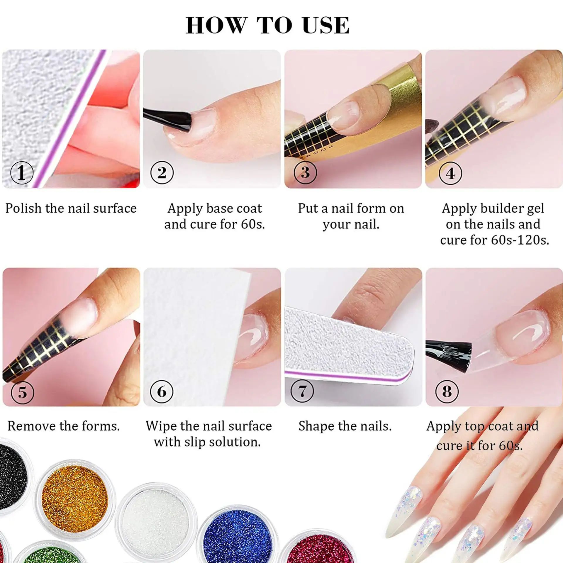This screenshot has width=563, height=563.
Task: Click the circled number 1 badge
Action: pos(22,173)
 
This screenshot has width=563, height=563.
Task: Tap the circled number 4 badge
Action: pos(450,174)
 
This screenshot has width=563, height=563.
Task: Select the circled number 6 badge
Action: pos(162,391)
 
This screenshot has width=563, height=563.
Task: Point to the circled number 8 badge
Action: pos(447,391)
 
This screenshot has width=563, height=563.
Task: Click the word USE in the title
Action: pos(326,25)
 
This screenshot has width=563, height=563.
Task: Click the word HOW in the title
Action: pos(215,25)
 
